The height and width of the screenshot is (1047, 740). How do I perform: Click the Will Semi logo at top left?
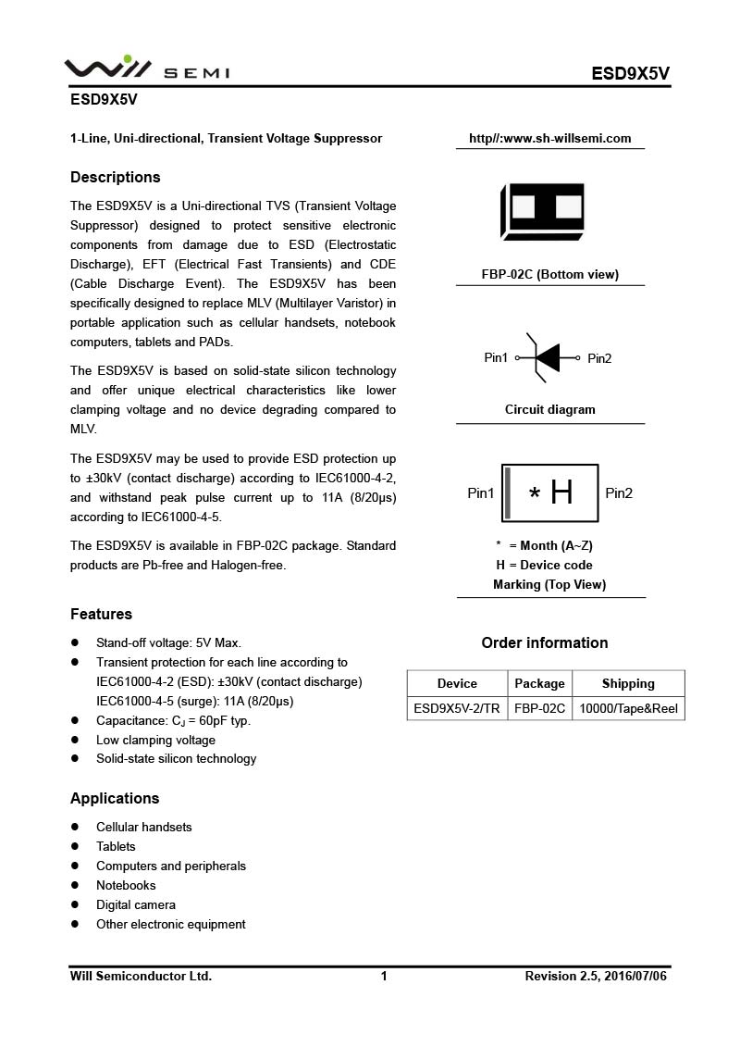[146, 69]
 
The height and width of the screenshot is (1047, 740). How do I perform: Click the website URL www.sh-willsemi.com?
[549, 139]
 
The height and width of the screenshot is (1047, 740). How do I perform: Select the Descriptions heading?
[116, 177]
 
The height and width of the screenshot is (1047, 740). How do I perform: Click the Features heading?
[101, 614]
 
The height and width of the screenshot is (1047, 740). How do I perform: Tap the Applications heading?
[115, 798]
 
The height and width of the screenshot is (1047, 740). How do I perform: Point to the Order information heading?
[545, 642]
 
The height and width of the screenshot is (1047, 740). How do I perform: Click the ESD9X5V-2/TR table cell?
[457, 709]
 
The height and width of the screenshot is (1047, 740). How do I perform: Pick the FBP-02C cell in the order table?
[539, 709]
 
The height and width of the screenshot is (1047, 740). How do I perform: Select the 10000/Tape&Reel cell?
[628, 709]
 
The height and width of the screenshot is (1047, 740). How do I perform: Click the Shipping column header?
[628, 683]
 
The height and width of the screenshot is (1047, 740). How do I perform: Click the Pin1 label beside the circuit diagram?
[496, 357]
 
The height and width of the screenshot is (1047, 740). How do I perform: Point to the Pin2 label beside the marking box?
[619, 492]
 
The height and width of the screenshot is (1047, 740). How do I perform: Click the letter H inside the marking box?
[561, 492]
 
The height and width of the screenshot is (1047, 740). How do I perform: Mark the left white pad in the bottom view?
[524, 206]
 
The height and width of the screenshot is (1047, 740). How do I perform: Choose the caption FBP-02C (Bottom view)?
[549, 274]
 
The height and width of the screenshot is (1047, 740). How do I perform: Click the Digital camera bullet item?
[136, 904]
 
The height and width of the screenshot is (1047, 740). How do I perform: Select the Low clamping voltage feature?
[155, 740]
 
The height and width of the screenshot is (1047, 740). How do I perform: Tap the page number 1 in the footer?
[384, 976]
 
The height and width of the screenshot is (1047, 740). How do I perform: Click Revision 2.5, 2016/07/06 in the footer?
[596, 976]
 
